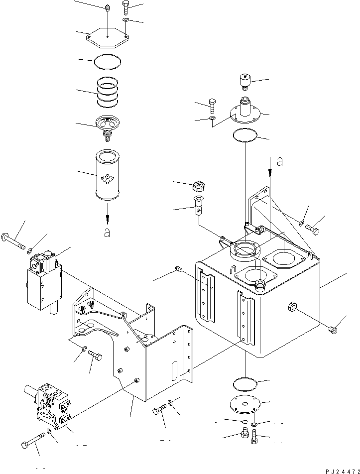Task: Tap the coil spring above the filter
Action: [107, 93]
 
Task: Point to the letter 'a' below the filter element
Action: [107, 233]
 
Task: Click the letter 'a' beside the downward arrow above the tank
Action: [280, 162]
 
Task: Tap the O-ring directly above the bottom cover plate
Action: [245, 384]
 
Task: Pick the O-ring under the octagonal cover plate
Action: [107, 62]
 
